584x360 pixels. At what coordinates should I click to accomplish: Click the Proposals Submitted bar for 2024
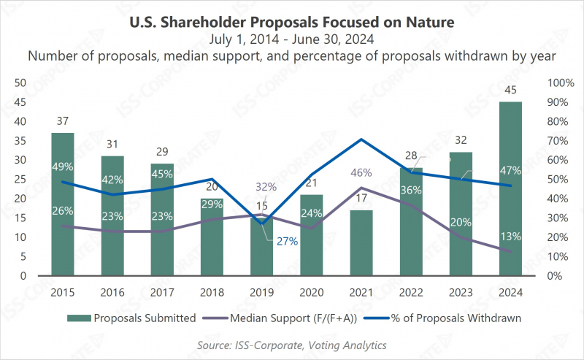pyautogui.click(x=510, y=190)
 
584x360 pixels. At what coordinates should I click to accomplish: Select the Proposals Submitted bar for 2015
pyautogui.click(x=63, y=204)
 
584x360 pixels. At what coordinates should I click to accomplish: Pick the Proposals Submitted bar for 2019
pyautogui.click(x=261, y=248)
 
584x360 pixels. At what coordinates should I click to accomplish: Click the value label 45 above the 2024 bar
pyautogui.click(x=510, y=91)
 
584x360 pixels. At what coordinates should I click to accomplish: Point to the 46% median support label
pyautogui.click(x=361, y=173)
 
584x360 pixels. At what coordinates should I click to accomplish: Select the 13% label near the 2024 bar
pyautogui.click(x=510, y=235)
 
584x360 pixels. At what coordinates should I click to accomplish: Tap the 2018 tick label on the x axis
pyautogui.click(x=212, y=293)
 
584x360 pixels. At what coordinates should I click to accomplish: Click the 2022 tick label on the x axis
pyautogui.click(x=410, y=293)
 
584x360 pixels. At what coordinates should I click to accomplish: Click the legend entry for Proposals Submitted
pyautogui.click(x=131, y=318)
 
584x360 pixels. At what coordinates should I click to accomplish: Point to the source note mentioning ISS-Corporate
pyautogui.click(x=292, y=345)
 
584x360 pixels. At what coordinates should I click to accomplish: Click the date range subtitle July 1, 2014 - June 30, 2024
pyautogui.click(x=292, y=39)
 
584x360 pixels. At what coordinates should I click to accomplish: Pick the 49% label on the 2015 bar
pyautogui.click(x=63, y=166)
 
